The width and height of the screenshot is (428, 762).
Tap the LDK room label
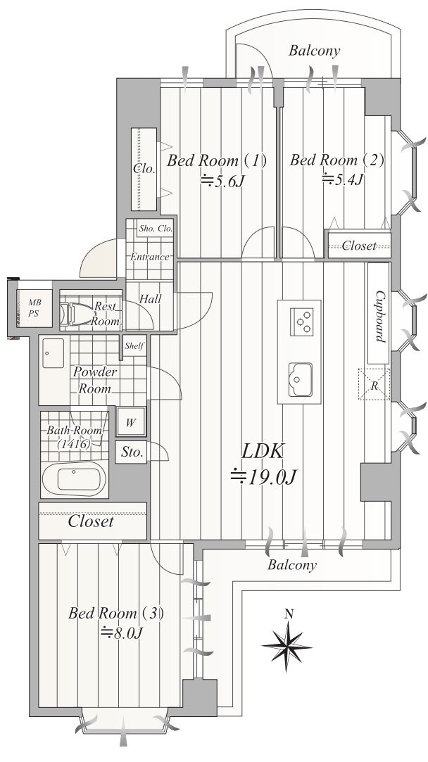click(263, 452)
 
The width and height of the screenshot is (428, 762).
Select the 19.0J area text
click(263, 477)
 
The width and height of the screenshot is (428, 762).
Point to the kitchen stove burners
click(302, 322)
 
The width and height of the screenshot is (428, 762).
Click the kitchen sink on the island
click(300, 379)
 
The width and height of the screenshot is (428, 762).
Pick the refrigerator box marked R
click(374, 384)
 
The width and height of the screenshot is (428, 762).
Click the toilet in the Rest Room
click(76, 314)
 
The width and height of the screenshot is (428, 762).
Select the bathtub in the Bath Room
click(74, 478)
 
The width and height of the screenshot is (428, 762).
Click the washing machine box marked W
click(131, 422)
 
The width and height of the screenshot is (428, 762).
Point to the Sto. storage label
click(132, 453)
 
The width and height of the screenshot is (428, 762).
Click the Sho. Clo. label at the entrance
click(156, 229)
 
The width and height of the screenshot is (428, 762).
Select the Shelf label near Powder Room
click(134, 346)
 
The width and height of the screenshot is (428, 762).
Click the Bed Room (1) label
click(216, 160)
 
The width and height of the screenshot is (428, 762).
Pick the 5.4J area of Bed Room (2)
click(344, 180)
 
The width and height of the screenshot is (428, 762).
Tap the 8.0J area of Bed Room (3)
click(120, 633)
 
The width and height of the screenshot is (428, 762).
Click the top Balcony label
click(314, 51)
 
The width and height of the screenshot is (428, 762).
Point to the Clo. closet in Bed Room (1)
click(144, 169)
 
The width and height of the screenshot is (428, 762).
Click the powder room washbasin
click(53, 353)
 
